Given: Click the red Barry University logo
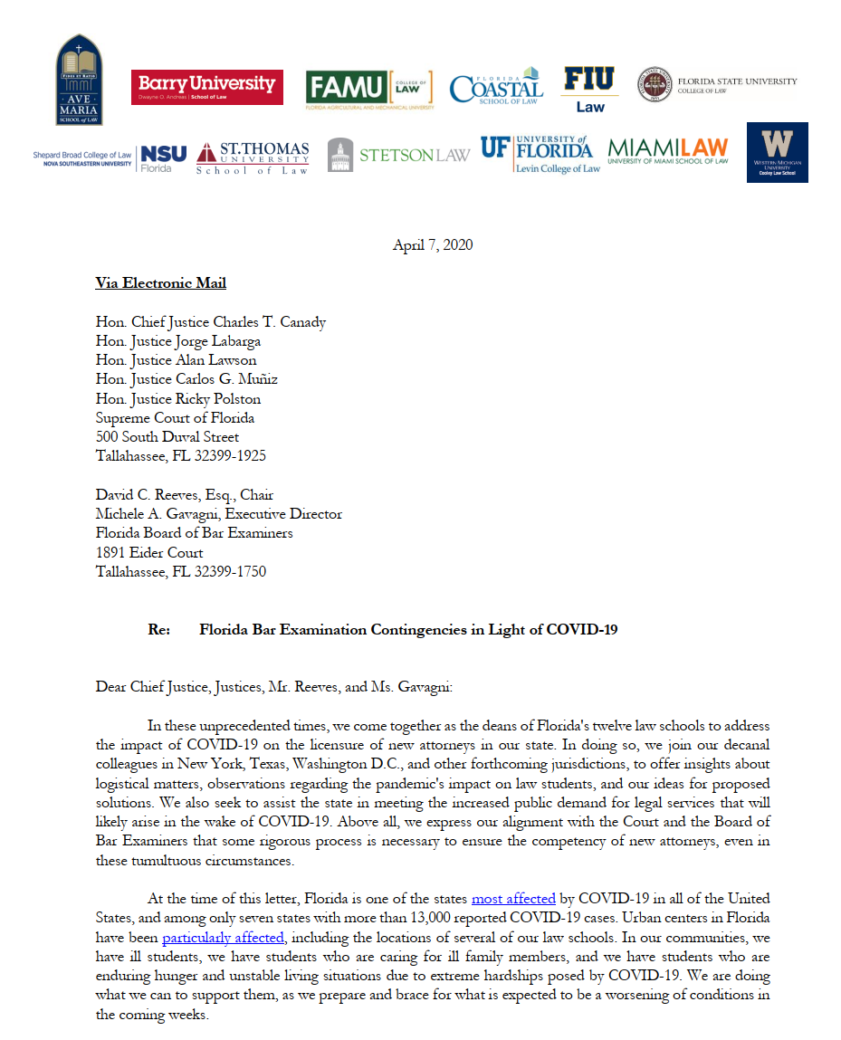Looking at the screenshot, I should (206, 87).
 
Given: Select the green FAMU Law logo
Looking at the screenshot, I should (368, 88).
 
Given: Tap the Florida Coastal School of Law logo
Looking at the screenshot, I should (496, 87).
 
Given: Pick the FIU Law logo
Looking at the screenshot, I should (589, 88).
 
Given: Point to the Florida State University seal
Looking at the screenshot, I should (655, 84).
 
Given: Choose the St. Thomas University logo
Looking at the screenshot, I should (253, 157).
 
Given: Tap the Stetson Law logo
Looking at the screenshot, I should (398, 155).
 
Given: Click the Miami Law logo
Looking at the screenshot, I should (667, 150).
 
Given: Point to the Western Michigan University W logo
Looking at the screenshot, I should (777, 152).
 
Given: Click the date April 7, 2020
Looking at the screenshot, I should (433, 245).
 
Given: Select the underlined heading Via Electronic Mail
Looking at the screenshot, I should (161, 283).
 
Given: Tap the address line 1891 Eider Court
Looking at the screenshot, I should (149, 552).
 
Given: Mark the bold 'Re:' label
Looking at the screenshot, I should (159, 629).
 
